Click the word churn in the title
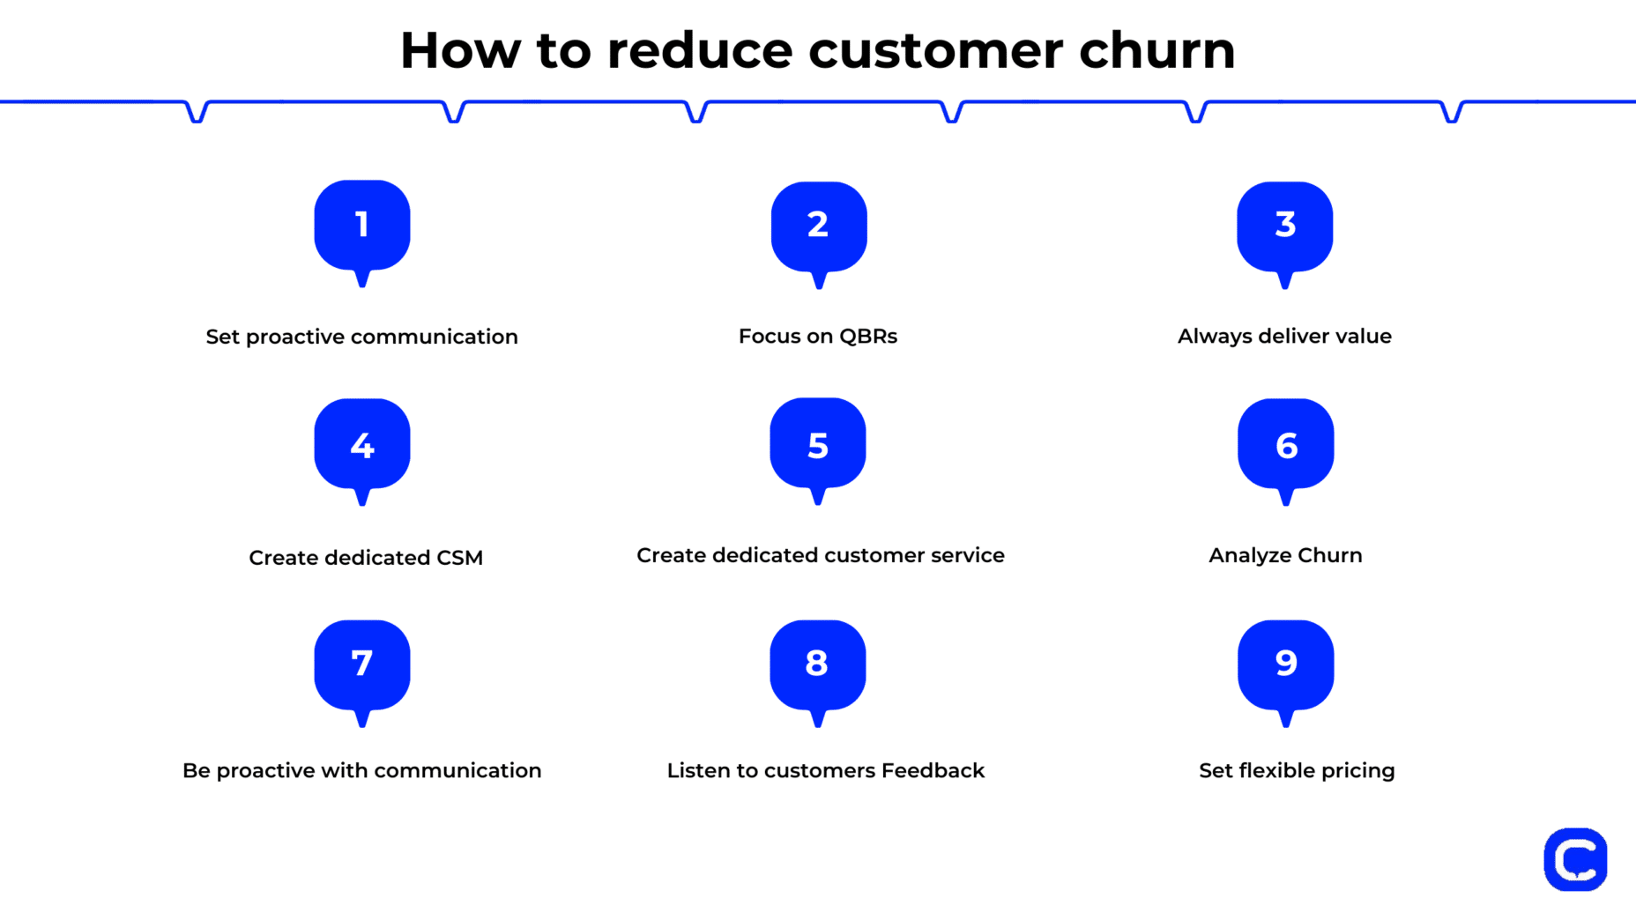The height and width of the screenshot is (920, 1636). pyautogui.click(x=1157, y=50)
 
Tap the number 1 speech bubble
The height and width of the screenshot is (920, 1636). pyautogui.click(x=362, y=226)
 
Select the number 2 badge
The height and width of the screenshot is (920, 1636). pyautogui.click(x=819, y=226)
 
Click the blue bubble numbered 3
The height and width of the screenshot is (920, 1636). pyautogui.click(x=1284, y=226)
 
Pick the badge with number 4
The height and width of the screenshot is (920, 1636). pyautogui.click(x=362, y=444)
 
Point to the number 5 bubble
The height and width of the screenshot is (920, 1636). pyautogui.click(x=818, y=444)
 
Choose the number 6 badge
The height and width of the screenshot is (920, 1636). pyautogui.click(x=1285, y=445)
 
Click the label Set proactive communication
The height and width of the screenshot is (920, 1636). pyautogui.click(x=361, y=337)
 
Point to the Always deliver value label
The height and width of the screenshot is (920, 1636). pyautogui.click(x=1284, y=337)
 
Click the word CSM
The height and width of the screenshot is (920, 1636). pyautogui.click(x=459, y=558)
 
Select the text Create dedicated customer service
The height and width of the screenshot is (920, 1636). pyautogui.click(x=821, y=555)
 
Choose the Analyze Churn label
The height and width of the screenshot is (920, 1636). pyautogui.click(x=1285, y=555)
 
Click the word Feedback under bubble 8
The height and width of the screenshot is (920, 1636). pyautogui.click(x=933, y=770)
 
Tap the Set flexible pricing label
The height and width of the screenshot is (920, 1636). pyautogui.click(x=1297, y=770)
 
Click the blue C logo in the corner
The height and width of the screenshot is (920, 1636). pyautogui.click(x=1575, y=859)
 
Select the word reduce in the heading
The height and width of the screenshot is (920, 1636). pyautogui.click(x=700, y=50)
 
